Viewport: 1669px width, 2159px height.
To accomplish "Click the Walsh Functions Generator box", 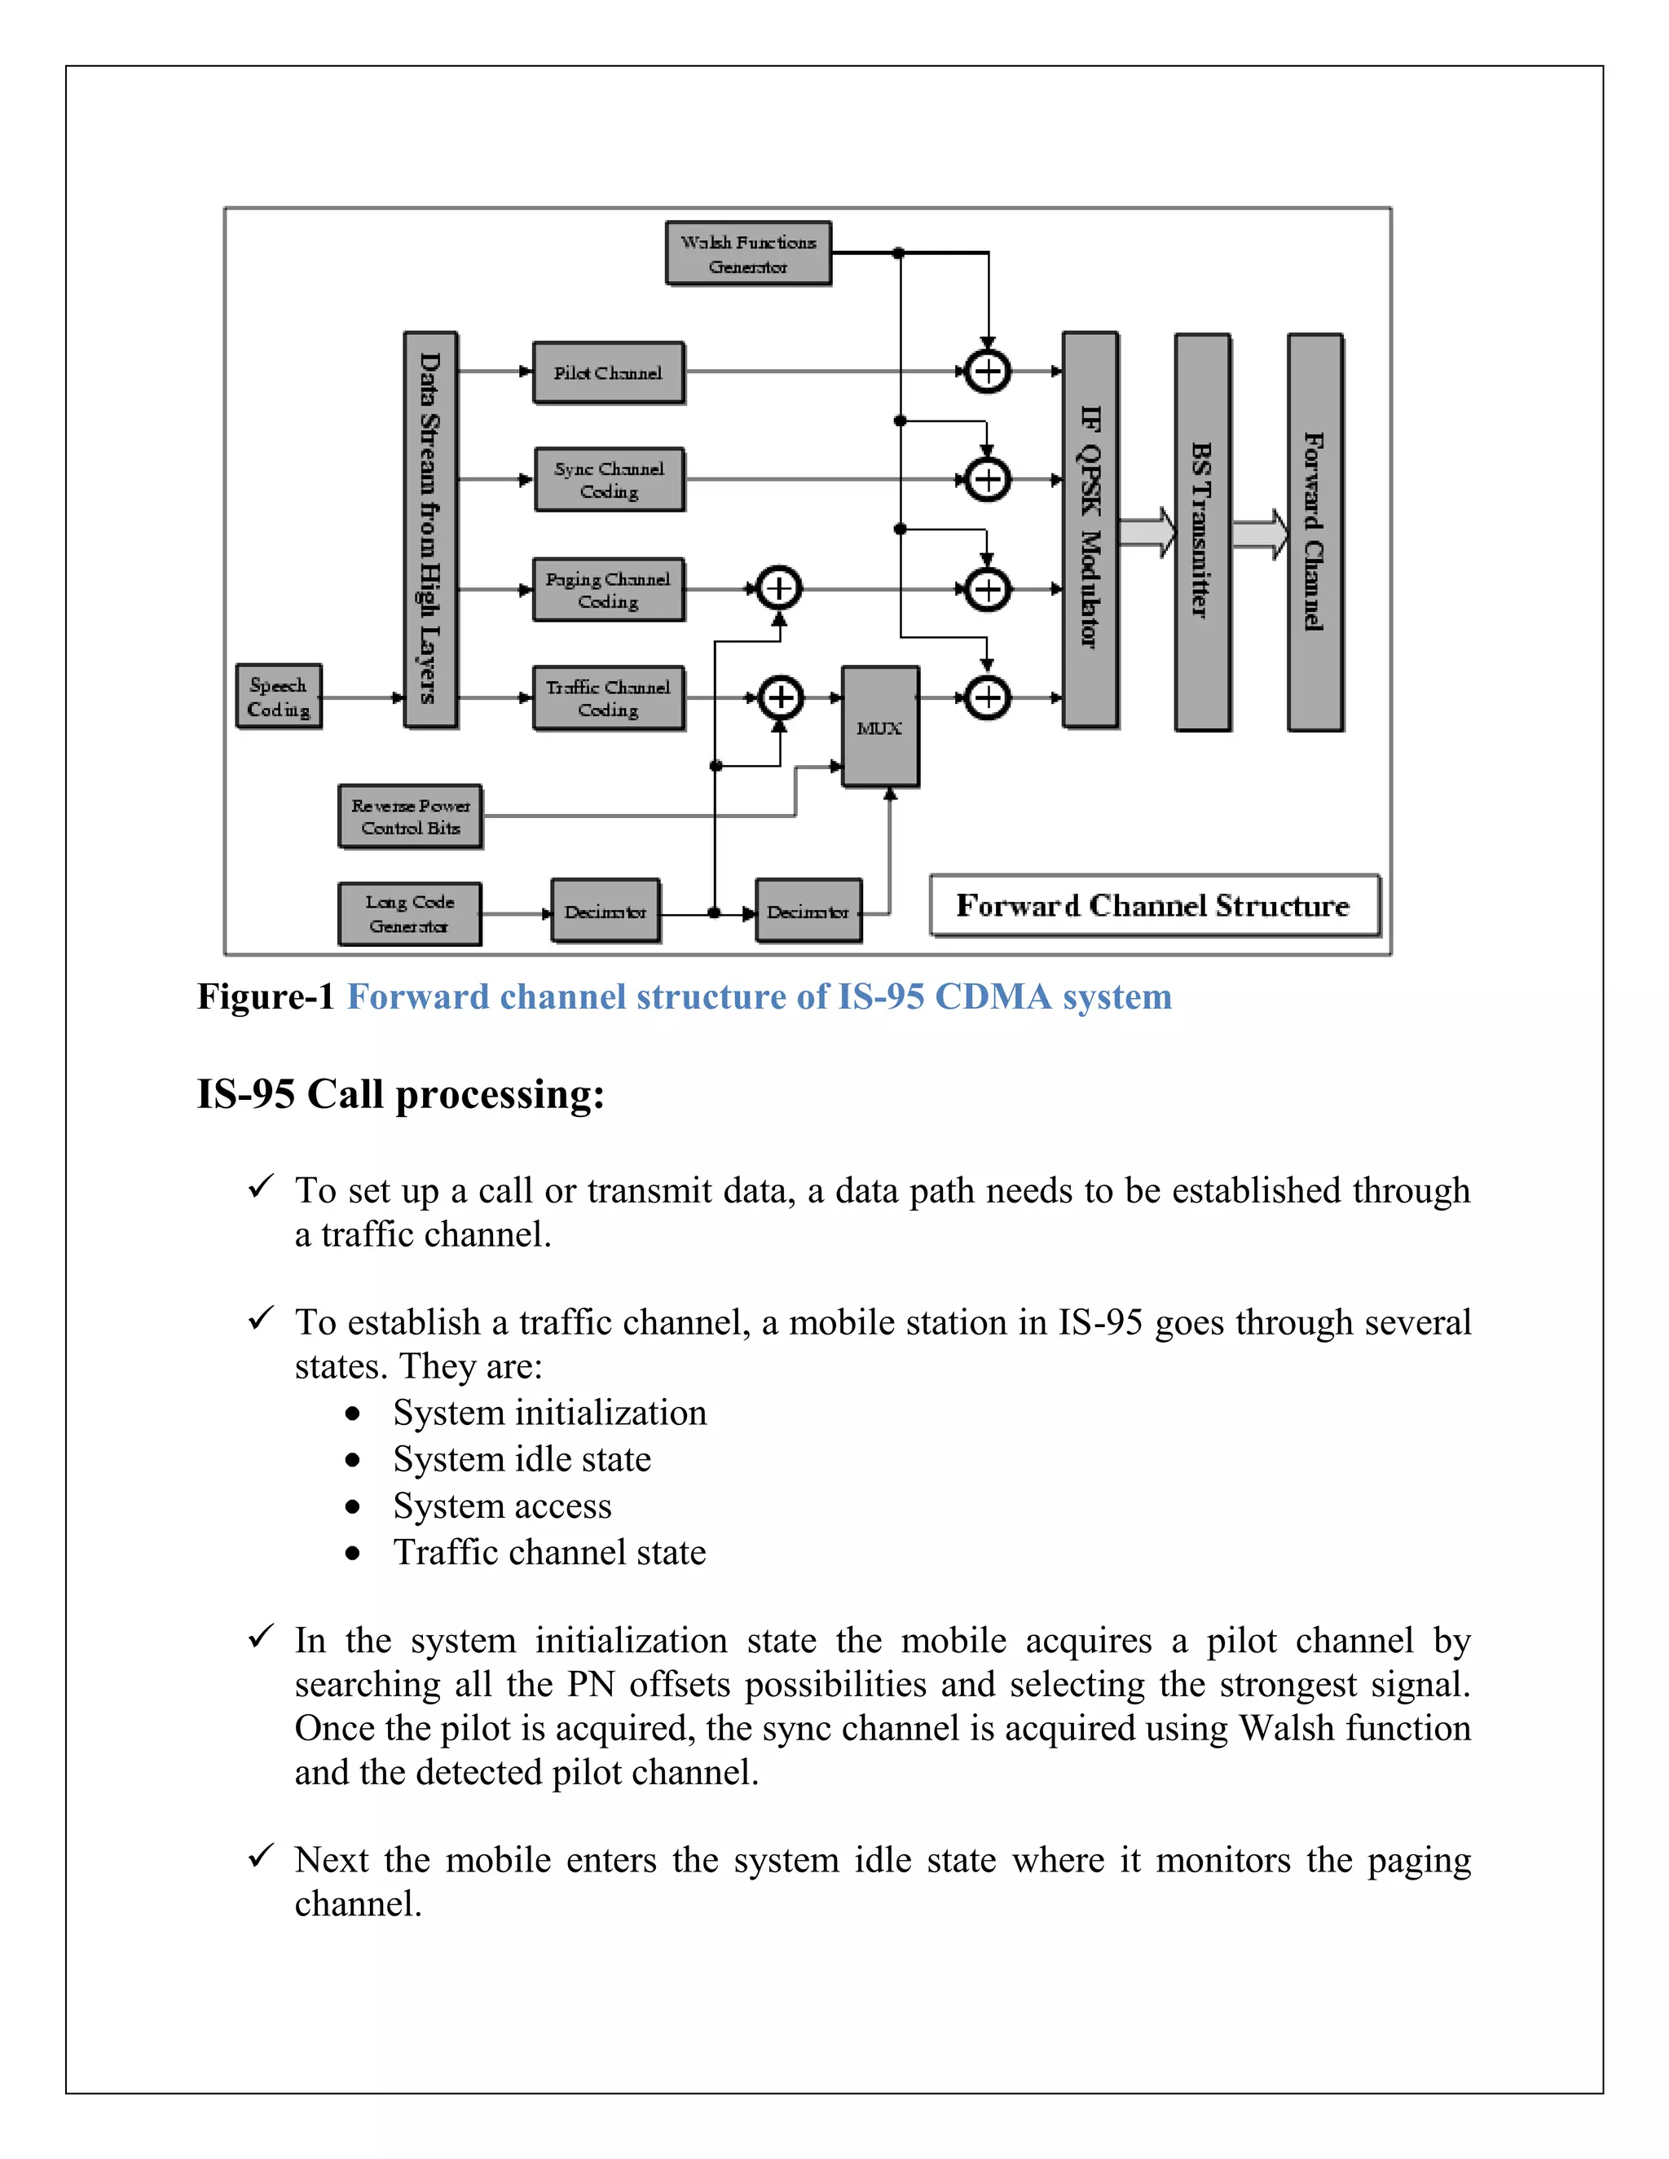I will click(x=747, y=254).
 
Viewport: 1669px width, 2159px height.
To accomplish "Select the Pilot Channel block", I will click(x=608, y=372).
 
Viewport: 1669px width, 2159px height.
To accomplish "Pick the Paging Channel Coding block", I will click(x=608, y=589).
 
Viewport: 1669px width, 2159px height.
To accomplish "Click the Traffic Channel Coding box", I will click(x=608, y=698).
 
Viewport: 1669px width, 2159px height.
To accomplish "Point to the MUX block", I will click(x=880, y=728).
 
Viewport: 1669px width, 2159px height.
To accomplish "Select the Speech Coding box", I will click(x=279, y=697).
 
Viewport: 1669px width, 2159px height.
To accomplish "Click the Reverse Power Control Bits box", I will click(x=411, y=816).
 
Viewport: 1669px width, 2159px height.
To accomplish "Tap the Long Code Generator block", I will click(x=409, y=913).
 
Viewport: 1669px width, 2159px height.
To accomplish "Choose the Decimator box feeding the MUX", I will click(x=808, y=912).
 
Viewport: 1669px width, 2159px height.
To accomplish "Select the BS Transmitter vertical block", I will click(x=1202, y=532).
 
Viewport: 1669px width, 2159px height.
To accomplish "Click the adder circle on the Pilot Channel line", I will click(x=987, y=372).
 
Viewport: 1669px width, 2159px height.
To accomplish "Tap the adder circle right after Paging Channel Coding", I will click(x=779, y=589).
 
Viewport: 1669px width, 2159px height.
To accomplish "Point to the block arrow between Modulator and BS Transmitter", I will click(x=1146, y=533).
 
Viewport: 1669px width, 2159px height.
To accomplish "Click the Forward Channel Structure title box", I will click(x=1154, y=904).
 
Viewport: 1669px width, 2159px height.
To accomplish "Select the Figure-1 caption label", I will click(x=266, y=996).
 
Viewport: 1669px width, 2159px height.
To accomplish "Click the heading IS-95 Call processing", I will click(x=400, y=1094).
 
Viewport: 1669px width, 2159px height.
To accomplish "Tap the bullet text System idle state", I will click(x=522, y=1459).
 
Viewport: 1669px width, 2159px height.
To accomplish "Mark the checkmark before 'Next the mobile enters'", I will click(x=260, y=1857).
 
